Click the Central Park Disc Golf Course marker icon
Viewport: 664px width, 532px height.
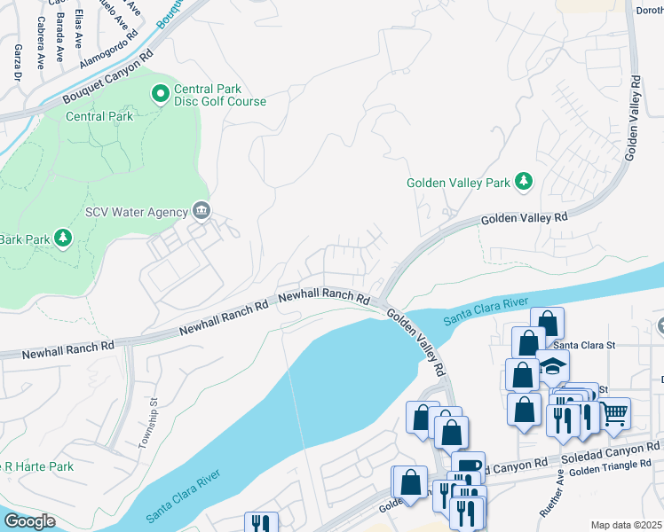161,92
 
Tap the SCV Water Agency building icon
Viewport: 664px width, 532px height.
202,211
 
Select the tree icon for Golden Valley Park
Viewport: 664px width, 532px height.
525,182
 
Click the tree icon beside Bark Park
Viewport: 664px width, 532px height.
62,237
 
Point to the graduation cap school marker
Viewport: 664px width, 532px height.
551,366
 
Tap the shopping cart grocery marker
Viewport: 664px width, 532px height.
614,412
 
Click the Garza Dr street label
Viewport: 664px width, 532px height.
17,64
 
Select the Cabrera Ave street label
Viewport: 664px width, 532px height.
40,48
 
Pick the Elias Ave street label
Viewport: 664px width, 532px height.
78,29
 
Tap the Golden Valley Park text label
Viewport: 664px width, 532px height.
458,183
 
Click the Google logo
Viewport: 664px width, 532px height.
29,521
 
